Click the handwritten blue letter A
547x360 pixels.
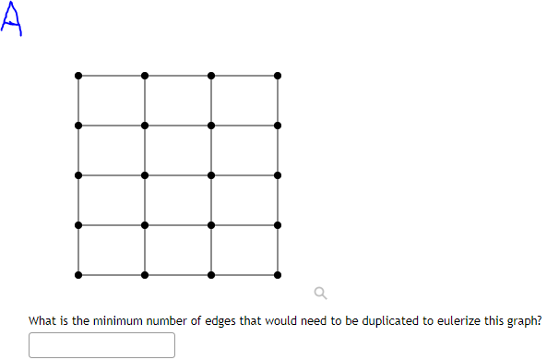click(11, 18)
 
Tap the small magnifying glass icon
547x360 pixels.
click(320, 294)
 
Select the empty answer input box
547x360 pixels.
click(101, 345)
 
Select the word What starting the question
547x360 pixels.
click(42, 321)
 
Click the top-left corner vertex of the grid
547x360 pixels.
click(78, 76)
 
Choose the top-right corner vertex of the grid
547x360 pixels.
click(278, 76)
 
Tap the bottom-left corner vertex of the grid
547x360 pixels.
click(78, 275)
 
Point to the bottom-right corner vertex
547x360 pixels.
click(278, 275)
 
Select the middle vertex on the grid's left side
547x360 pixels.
click(78, 175)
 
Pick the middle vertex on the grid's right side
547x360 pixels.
click(278, 175)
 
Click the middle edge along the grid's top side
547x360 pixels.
click(178, 76)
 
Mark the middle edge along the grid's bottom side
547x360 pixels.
click(178, 275)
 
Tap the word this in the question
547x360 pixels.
click(493, 321)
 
